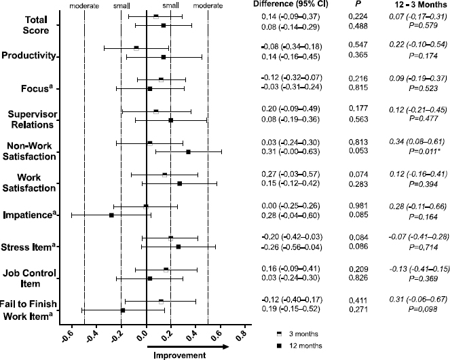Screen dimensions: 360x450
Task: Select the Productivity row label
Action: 29,56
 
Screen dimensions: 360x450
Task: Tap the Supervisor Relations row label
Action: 31,118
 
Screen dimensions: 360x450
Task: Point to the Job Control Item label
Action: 29,277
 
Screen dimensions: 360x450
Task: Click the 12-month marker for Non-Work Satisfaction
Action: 188,151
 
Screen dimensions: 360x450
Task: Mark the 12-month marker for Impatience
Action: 112,215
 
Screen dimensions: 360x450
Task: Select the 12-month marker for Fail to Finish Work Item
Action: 123,310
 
